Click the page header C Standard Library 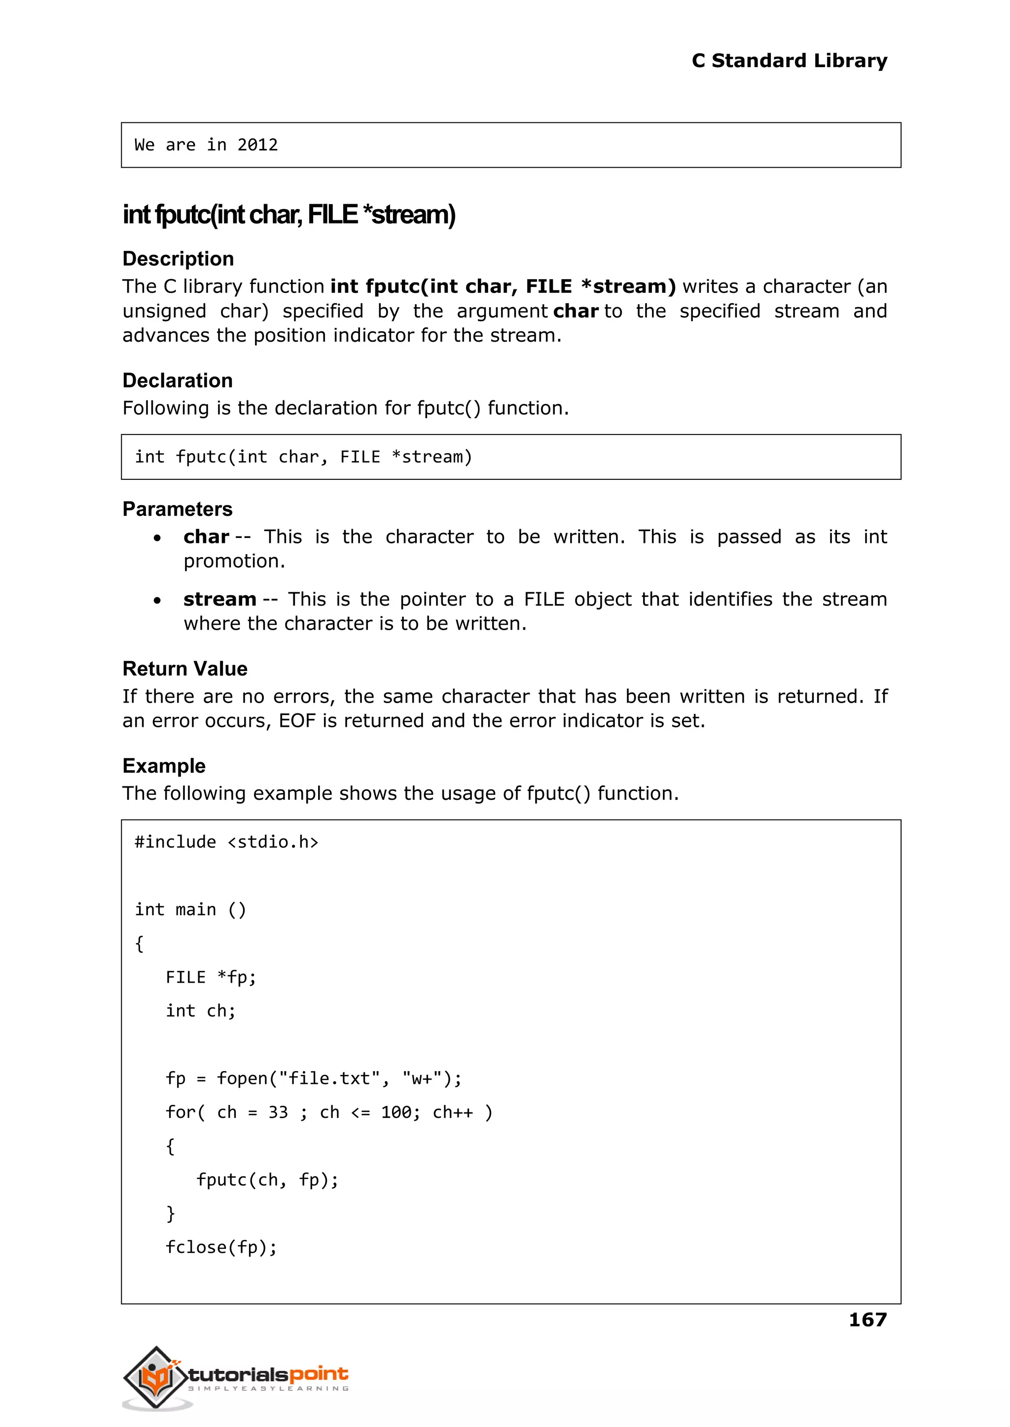(x=789, y=61)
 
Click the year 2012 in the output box (x=257, y=145)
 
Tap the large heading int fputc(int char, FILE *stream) (x=289, y=214)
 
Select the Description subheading (x=178, y=259)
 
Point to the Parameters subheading (x=177, y=509)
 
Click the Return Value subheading (x=185, y=669)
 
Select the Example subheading (x=164, y=766)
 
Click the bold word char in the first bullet (x=206, y=536)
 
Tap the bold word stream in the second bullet (x=219, y=600)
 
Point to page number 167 (x=867, y=1320)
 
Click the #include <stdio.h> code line (x=226, y=842)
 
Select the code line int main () (x=190, y=910)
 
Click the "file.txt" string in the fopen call (x=329, y=1078)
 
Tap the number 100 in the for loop (x=396, y=1112)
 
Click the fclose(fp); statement (x=221, y=1248)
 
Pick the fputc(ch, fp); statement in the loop (x=267, y=1179)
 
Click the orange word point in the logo (x=319, y=1374)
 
